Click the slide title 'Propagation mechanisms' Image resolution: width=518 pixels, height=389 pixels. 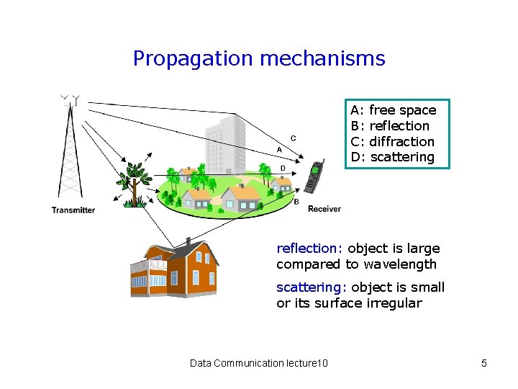(x=259, y=58)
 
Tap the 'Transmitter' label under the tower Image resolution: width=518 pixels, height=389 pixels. (x=73, y=210)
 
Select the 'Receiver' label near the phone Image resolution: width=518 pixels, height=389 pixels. (x=324, y=209)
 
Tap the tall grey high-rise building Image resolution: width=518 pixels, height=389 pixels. (x=224, y=148)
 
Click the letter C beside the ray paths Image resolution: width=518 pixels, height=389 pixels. (x=293, y=138)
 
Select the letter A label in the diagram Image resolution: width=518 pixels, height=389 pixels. (x=279, y=150)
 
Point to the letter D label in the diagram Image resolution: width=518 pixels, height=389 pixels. (x=283, y=168)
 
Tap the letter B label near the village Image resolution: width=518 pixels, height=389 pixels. (x=296, y=202)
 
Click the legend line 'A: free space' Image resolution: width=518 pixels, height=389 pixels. (x=393, y=110)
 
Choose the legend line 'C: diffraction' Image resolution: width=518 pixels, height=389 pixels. (x=392, y=141)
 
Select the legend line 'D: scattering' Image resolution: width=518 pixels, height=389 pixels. (x=392, y=157)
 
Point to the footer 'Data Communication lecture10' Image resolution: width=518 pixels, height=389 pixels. (x=258, y=363)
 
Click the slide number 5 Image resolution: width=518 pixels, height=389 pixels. (x=484, y=363)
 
